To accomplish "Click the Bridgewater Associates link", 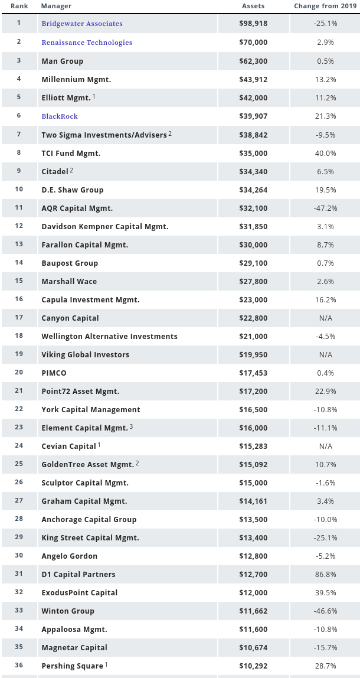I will (82, 24).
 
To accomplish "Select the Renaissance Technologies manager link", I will (87, 43).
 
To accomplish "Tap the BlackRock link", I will (60, 116).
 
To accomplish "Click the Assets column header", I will (253, 6).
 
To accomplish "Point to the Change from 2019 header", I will (325, 6).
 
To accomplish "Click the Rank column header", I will (19, 6).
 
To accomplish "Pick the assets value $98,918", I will (253, 24).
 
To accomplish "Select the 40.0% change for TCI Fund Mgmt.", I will (325, 153).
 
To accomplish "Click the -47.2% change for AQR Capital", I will (325, 208).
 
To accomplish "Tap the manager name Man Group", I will (63, 61).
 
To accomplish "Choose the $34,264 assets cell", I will (253, 190).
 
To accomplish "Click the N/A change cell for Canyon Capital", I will (325, 318).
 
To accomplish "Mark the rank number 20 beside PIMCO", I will (19, 373).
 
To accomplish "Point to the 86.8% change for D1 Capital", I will (325, 574).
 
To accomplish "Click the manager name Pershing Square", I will (73, 666).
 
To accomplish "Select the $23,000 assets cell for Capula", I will (253, 299).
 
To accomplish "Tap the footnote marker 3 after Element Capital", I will (132, 426).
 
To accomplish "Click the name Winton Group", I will (68, 611).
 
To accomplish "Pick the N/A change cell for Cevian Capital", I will (325, 446).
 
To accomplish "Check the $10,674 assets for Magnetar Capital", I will (253, 647).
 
